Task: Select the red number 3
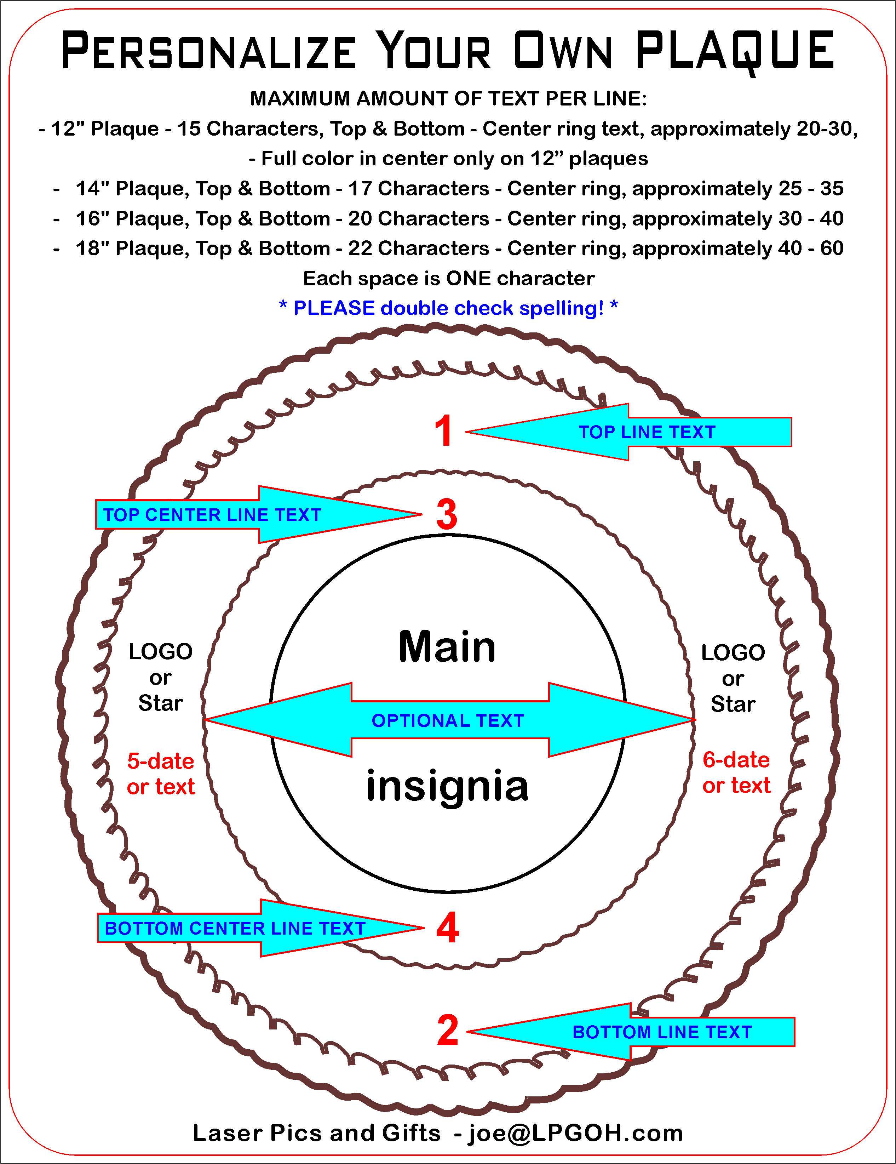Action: (x=446, y=514)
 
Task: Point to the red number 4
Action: (x=447, y=928)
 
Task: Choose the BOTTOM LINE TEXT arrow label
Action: (x=662, y=1032)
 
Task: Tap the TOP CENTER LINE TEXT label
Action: (x=212, y=515)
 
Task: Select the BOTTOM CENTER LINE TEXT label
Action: (x=235, y=928)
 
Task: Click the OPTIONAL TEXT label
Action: (x=448, y=720)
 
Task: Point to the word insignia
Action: (x=447, y=786)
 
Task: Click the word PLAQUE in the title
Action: (x=735, y=51)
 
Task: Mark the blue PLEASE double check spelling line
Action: (x=448, y=308)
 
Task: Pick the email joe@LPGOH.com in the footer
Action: (x=575, y=1133)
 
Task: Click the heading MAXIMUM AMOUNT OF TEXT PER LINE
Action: (x=448, y=99)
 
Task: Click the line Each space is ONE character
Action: (x=448, y=278)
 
